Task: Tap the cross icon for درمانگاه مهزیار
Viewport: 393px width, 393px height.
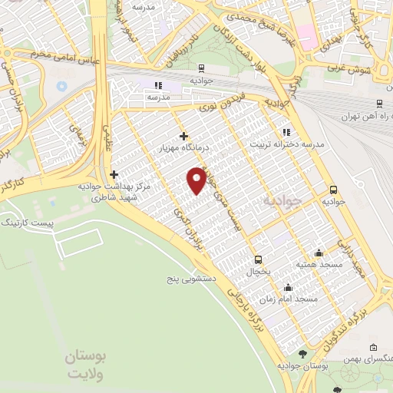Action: (183, 136)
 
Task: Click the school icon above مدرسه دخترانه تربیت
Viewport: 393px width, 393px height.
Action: (287, 131)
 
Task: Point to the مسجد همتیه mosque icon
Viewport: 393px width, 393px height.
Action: (319, 253)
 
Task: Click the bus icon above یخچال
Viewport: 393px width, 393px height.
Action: (258, 259)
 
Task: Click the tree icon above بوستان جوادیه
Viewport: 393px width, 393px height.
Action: (301, 353)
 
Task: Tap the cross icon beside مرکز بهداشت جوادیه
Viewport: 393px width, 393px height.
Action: (114, 175)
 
